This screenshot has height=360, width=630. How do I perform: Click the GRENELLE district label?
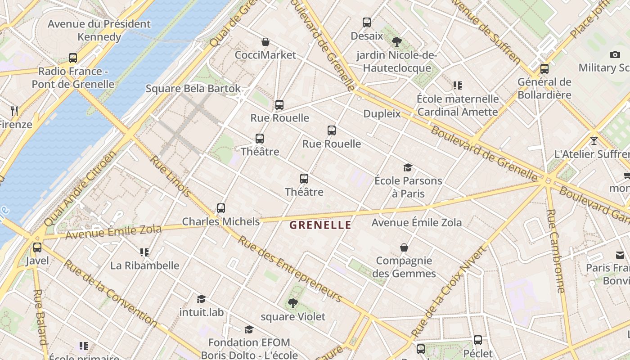click(x=320, y=225)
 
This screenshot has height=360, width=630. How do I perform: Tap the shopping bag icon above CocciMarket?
click(x=265, y=42)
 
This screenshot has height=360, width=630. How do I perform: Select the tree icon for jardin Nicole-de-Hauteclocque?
click(x=396, y=42)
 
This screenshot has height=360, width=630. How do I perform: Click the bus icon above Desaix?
click(x=367, y=22)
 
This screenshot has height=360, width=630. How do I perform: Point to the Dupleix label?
click(x=382, y=113)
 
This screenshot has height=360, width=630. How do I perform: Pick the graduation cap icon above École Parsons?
click(x=408, y=168)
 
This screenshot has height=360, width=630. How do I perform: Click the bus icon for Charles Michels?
click(x=220, y=208)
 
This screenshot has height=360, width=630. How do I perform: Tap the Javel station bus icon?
click(x=37, y=247)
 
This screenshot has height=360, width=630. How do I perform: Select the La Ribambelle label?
click(x=145, y=265)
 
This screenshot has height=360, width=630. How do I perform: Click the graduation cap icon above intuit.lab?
click(x=201, y=299)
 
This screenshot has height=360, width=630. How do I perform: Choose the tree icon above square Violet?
click(x=293, y=303)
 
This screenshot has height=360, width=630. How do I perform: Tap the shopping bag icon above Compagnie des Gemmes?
click(x=404, y=247)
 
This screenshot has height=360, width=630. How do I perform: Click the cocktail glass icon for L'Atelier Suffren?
click(x=594, y=141)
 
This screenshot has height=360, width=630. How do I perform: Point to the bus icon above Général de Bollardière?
click(x=544, y=69)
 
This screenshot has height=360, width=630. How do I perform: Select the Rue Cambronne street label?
click(x=556, y=251)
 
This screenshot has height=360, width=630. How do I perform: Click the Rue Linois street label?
click(x=170, y=176)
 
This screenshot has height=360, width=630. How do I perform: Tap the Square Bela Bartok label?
click(x=193, y=89)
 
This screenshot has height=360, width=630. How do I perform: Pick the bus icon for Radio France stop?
click(x=73, y=58)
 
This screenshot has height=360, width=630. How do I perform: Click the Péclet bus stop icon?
click(x=478, y=340)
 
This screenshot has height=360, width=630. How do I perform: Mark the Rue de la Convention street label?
click(x=110, y=292)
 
